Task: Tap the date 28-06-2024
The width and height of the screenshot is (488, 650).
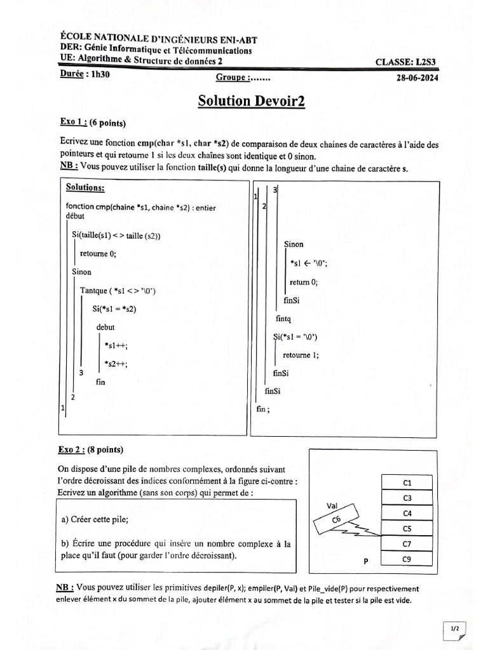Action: pyautogui.click(x=417, y=78)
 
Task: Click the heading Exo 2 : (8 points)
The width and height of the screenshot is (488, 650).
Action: pyautogui.click(x=90, y=450)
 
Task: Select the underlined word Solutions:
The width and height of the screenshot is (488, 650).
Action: pyautogui.click(x=85, y=188)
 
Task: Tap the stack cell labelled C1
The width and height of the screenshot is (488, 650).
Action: pyautogui.click(x=407, y=482)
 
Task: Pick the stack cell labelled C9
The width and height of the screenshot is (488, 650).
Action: pyautogui.click(x=407, y=559)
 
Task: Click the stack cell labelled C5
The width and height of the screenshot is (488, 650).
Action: pyautogui.click(x=407, y=528)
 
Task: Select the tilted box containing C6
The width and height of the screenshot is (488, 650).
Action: pyautogui.click(x=336, y=521)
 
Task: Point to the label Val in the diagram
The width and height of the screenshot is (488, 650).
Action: pyautogui.click(x=331, y=505)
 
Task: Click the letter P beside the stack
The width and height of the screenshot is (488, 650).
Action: pyautogui.click(x=366, y=561)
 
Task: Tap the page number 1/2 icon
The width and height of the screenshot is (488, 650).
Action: pyautogui.click(x=455, y=628)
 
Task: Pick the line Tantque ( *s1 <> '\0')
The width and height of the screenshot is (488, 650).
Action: pyautogui.click(x=118, y=291)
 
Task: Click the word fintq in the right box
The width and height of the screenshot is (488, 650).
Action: pyautogui.click(x=283, y=319)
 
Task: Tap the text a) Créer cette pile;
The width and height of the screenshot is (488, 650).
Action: pyautogui.click(x=95, y=519)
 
